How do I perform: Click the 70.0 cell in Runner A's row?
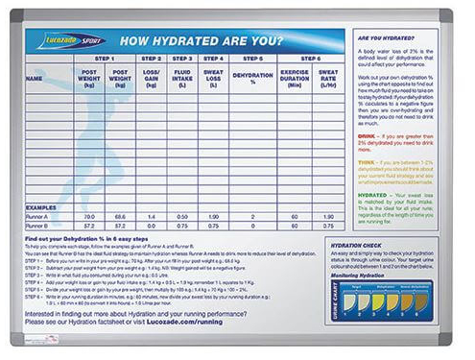[89, 217]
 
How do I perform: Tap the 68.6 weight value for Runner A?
[120, 217]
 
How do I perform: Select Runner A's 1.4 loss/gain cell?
[152, 217]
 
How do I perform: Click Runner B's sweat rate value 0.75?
[327, 227]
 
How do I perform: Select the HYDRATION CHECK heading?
[381, 245]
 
